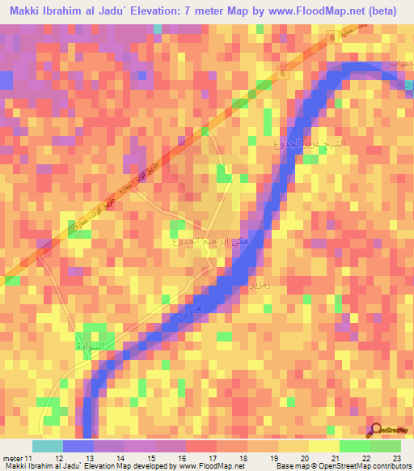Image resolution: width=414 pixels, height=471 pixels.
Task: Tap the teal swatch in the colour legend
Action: tap(48, 446)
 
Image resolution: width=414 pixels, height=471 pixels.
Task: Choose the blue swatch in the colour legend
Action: tap(78, 446)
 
